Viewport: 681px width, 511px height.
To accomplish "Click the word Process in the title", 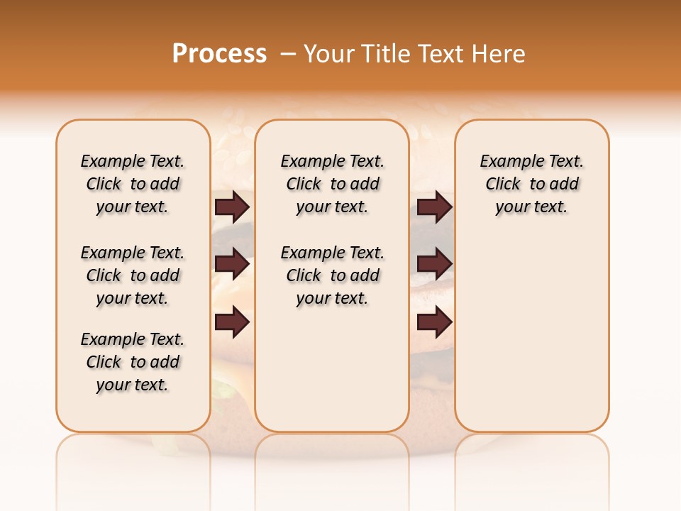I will [219, 54].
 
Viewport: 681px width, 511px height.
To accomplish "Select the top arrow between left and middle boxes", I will [232, 207].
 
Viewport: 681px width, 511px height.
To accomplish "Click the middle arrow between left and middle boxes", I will [232, 264].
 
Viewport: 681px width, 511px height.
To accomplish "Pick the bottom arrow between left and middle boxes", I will [232, 322].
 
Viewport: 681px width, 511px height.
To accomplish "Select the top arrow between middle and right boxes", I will [434, 207].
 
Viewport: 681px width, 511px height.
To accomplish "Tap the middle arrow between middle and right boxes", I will [434, 264].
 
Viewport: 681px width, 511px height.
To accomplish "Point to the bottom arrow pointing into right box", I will [434, 322].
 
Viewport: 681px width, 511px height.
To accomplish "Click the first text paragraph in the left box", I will [133, 184].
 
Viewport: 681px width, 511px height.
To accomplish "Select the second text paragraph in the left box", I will [133, 275].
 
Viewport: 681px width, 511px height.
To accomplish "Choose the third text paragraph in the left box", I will [133, 362].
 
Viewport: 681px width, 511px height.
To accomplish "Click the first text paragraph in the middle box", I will [332, 184].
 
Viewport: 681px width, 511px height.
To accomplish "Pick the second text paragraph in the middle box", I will [332, 275].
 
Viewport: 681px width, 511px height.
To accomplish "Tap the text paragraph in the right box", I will [531, 184].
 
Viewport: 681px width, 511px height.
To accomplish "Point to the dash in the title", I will [288, 54].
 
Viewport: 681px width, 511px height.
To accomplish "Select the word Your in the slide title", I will [329, 54].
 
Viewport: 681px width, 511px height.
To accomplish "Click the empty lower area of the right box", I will [531, 341].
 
